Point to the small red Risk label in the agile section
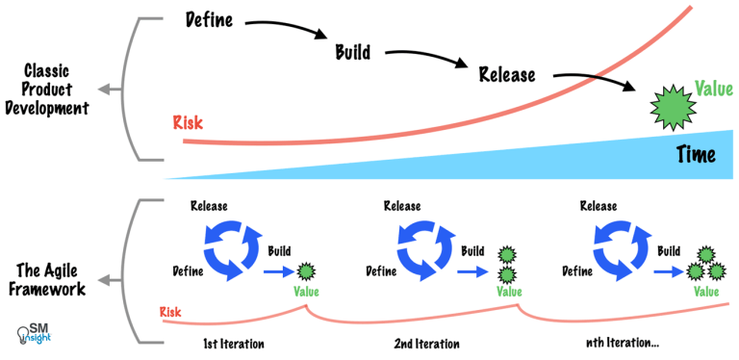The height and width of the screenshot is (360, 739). pos(171,312)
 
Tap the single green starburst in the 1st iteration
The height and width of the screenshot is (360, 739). pos(307,270)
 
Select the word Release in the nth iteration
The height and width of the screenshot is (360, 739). pos(599,206)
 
